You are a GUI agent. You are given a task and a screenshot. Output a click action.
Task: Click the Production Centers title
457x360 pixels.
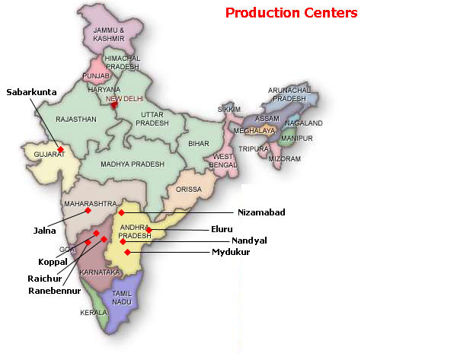291,13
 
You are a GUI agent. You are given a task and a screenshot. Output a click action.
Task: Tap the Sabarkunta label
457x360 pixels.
32,92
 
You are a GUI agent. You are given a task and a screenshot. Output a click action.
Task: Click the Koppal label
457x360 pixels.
53,261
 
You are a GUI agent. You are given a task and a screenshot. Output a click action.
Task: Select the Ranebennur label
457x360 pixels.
54,290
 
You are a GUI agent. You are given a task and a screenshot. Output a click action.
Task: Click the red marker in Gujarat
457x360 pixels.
60,148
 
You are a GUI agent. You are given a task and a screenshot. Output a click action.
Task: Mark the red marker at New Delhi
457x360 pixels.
114,106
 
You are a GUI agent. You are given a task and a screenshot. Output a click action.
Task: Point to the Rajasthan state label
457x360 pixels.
75,119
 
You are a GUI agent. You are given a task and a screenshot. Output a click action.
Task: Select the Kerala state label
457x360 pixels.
94,313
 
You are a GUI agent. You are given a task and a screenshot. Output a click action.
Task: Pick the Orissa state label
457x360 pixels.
188,189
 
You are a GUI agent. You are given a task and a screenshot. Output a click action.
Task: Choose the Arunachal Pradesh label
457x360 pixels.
286,94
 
